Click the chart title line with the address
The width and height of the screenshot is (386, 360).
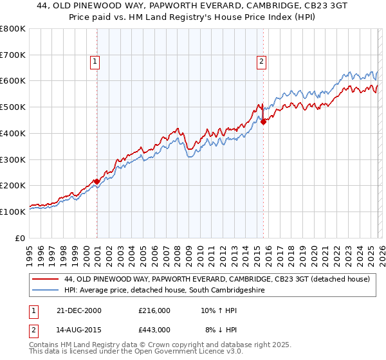[x=193, y=6]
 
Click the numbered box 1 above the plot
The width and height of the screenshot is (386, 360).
[x=95, y=62]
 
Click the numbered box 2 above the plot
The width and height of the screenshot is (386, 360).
[x=262, y=62]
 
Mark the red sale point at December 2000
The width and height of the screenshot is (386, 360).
[x=96, y=181]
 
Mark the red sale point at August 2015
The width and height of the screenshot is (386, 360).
[x=263, y=122]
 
